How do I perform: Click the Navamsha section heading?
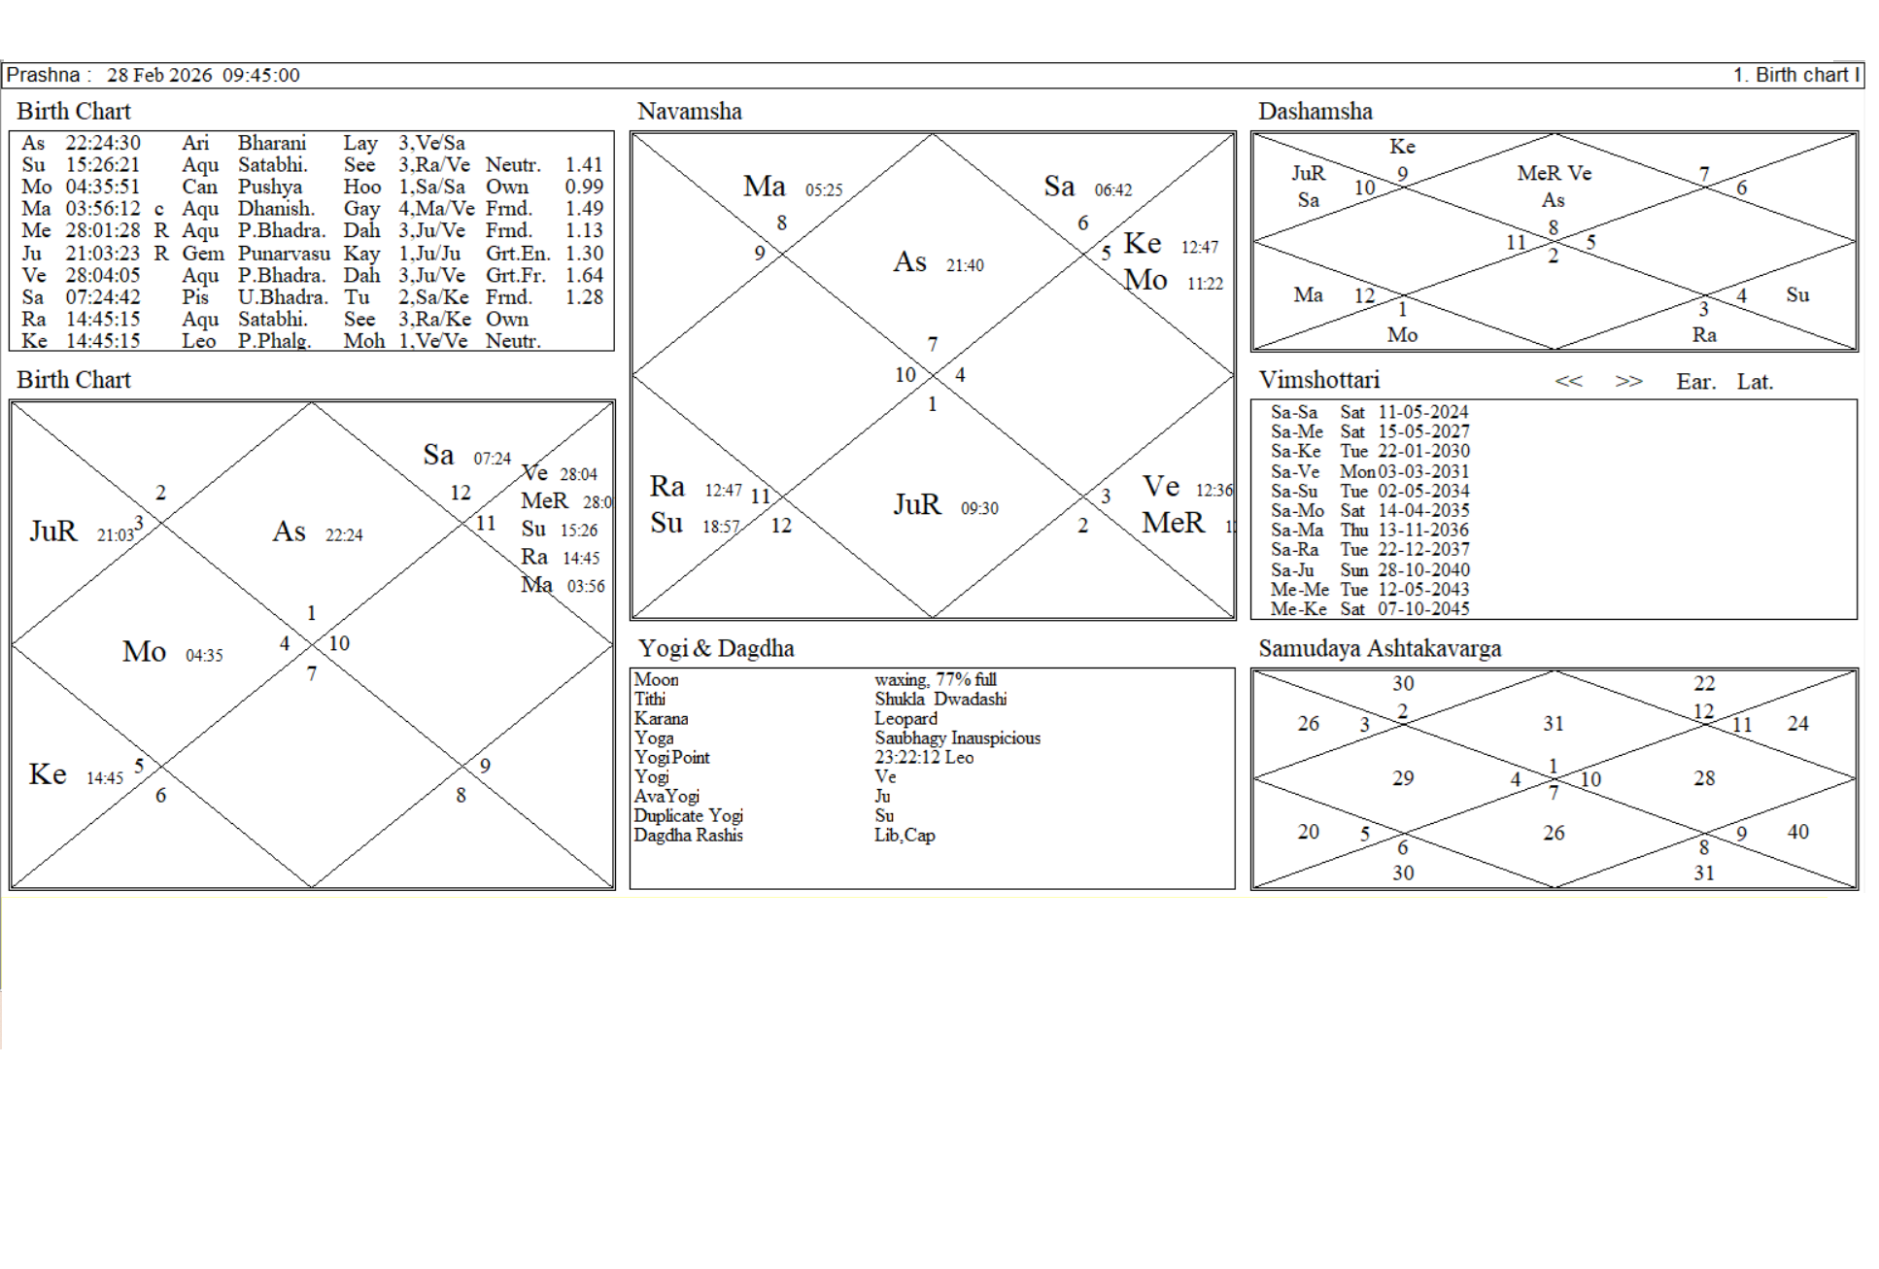[x=689, y=112]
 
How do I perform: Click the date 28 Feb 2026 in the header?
[x=159, y=75]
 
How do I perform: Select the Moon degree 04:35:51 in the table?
[x=103, y=187]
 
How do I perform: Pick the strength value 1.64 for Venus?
[x=584, y=275]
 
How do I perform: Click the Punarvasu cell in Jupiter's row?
[x=284, y=253]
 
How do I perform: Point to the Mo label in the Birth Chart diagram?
[x=144, y=652]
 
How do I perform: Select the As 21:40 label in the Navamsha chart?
[x=937, y=262]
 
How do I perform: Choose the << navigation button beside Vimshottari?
[x=1568, y=382]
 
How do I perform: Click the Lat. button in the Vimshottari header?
[x=1755, y=382]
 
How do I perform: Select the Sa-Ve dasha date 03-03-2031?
[x=1423, y=471]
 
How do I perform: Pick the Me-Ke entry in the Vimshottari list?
[x=1298, y=609]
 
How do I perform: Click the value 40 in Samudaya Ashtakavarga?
[x=1797, y=832]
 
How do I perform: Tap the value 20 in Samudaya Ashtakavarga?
[x=1308, y=832]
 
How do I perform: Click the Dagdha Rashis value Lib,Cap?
[x=904, y=836]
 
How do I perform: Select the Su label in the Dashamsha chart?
[x=1797, y=295]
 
